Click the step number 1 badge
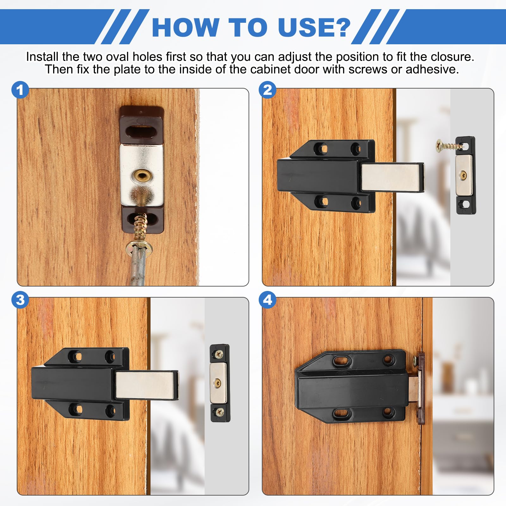(20, 90)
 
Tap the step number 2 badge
(268, 90)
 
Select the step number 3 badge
(20, 300)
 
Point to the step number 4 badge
(268, 300)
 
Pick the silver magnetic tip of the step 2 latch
(392, 177)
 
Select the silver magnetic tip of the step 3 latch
(146, 385)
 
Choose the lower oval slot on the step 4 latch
(342, 413)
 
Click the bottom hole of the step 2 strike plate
(465, 204)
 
